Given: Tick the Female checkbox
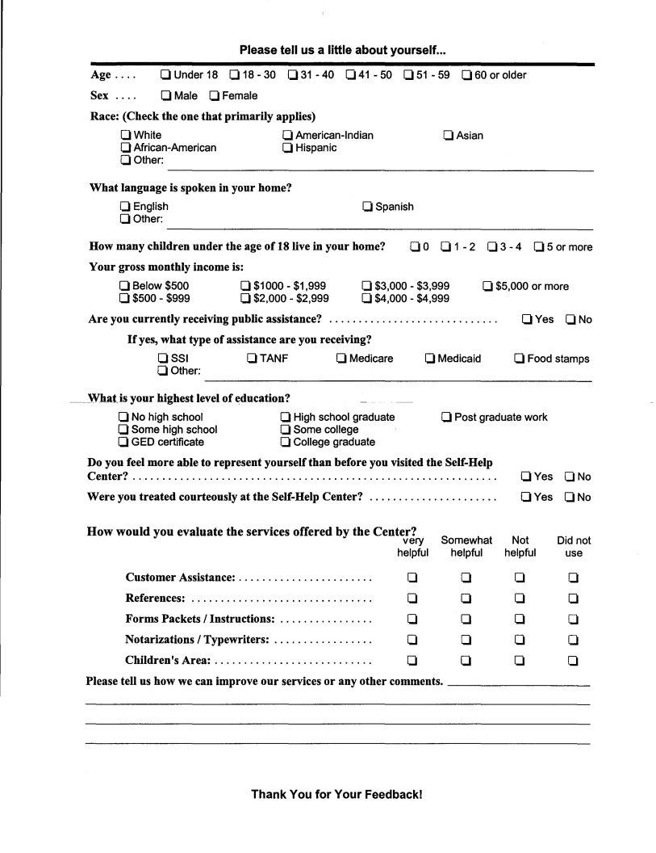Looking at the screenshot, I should pos(215,95).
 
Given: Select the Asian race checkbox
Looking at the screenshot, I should pos(449,136).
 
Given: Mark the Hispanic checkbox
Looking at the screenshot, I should pos(287,148).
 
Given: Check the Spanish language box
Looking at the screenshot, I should pos(367,207).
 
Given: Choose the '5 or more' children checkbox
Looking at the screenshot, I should pos(538,247).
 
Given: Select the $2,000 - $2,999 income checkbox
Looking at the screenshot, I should pos(245,298).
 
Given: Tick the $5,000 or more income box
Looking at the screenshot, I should pos(487,286).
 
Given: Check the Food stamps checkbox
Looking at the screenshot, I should pos(520,359).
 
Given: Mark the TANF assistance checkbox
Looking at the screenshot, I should pos(252,359).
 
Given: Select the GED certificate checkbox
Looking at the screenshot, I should pos(123,442).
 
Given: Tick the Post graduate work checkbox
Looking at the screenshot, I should pos(446,418).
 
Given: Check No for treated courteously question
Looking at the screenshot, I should pos(569,498).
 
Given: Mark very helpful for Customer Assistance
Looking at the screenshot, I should pos(412,578).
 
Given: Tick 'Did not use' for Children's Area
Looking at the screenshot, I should pos(573,661).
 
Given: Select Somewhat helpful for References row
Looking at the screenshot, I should pos(466,599).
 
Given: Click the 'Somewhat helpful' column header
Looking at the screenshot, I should pos(466,546).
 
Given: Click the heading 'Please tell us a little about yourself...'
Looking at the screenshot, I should pos(343,50).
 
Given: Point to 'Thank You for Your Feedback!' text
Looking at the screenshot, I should pos(336,794).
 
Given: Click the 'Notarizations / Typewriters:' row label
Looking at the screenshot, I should pos(197,640).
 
